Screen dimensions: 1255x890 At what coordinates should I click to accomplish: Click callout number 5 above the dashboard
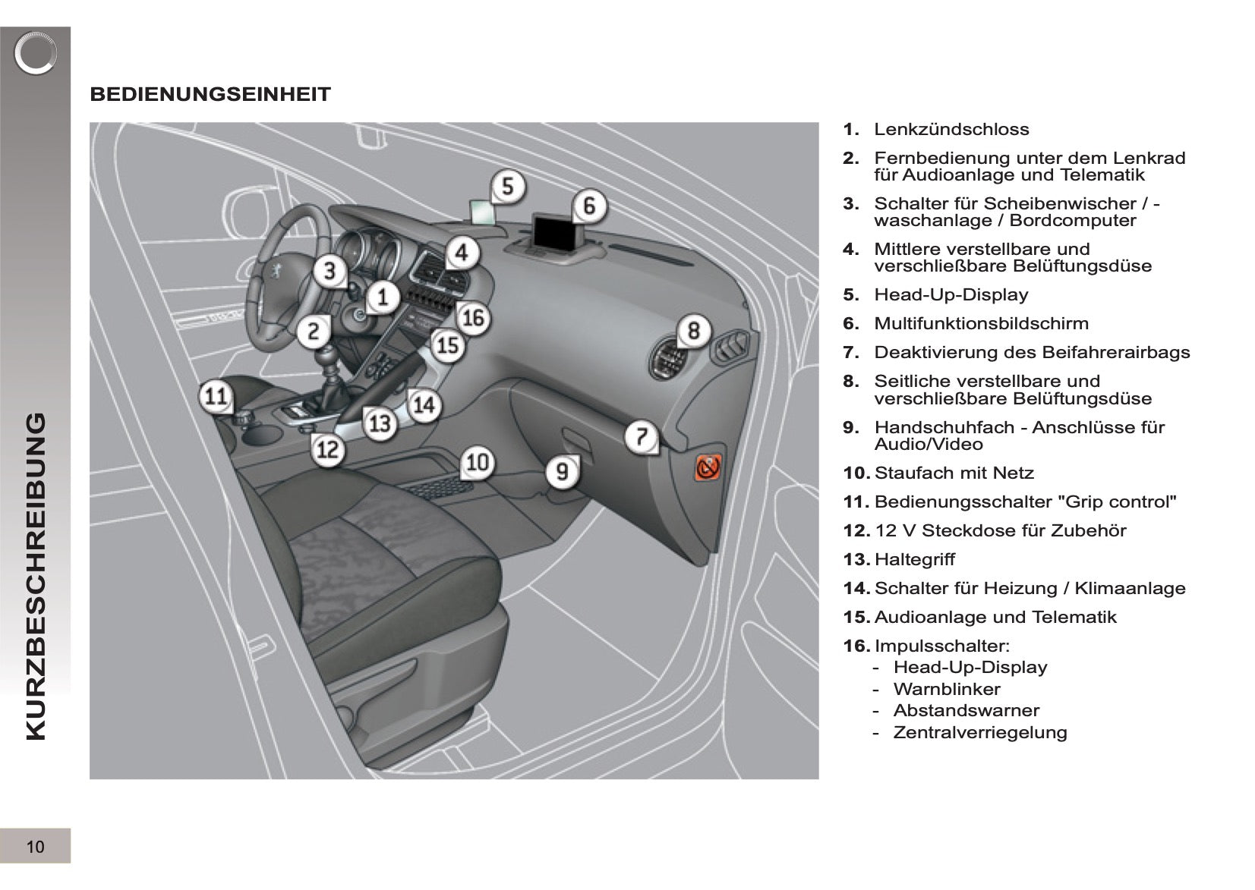(508, 186)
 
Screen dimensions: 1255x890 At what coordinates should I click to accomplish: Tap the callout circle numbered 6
(589, 206)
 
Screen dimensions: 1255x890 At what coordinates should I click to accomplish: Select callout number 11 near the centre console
(216, 396)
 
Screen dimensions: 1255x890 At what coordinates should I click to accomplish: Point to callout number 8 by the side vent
(694, 330)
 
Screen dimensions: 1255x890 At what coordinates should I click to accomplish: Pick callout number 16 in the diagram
(474, 319)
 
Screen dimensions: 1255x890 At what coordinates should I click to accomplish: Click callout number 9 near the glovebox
(563, 472)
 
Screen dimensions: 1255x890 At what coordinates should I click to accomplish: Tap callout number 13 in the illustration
(380, 423)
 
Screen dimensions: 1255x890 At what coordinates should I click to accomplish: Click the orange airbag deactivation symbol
(708, 467)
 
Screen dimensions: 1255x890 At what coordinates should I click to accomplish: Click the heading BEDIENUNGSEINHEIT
(210, 94)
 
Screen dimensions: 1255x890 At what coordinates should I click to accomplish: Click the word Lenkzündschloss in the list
(951, 129)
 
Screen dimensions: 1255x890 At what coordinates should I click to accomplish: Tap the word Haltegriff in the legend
(914, 559)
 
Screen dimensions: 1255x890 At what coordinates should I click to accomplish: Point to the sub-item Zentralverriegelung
(980, 732)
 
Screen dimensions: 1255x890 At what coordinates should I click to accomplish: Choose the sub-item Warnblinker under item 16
(946, 689)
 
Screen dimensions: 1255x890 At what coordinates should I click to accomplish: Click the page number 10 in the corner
(35, 847)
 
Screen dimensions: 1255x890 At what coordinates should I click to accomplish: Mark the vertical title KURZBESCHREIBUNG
(36, 577)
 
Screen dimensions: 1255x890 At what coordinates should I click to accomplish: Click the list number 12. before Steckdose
(856, 530)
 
